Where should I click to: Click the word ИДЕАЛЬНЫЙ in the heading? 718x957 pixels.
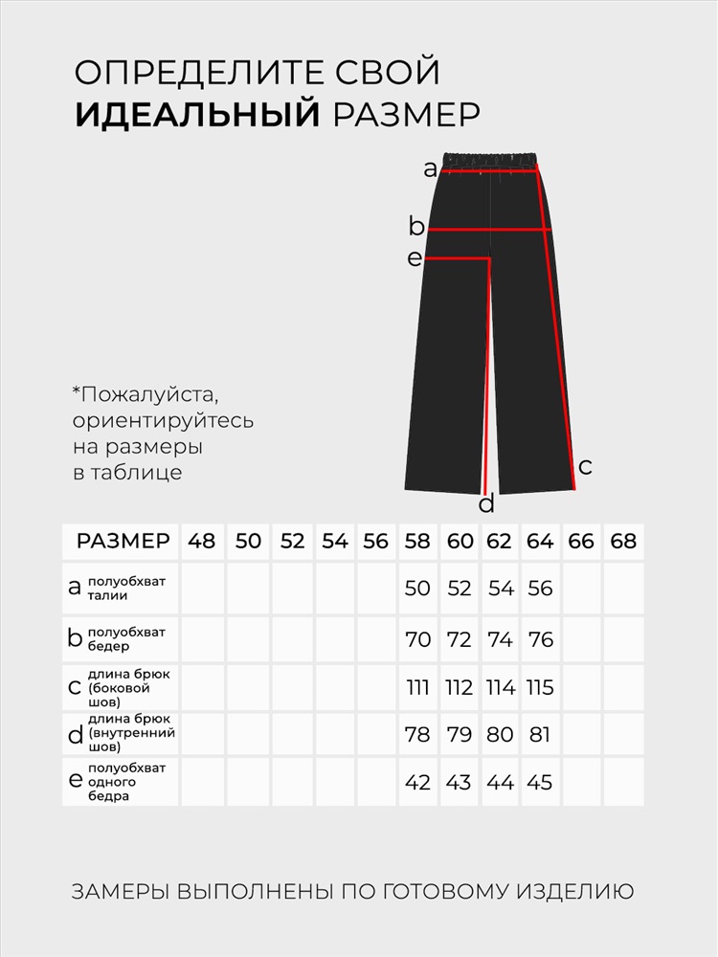pos(197,114)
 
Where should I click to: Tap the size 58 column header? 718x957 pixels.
pos(417,542)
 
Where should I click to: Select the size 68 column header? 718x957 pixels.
pos(623,542)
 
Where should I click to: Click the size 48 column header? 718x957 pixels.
pos(202,542)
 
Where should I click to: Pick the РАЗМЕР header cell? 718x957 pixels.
pos(123,542)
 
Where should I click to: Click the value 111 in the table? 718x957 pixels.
pos(417,688)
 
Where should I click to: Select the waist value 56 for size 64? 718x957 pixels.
pos(540,589)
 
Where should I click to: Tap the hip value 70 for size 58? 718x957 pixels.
pos(417,639)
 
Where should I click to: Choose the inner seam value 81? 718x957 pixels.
pos(540,735)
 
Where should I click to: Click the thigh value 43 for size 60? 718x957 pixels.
pos(459,782)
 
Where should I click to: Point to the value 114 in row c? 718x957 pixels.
pos(500,688)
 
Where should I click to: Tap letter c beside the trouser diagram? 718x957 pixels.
pos(586,467)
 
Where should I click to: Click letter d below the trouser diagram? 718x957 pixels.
pos(486,504)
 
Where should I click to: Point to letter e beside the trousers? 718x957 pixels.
pos(414,258)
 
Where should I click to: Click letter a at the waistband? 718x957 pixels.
pos(430,170)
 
